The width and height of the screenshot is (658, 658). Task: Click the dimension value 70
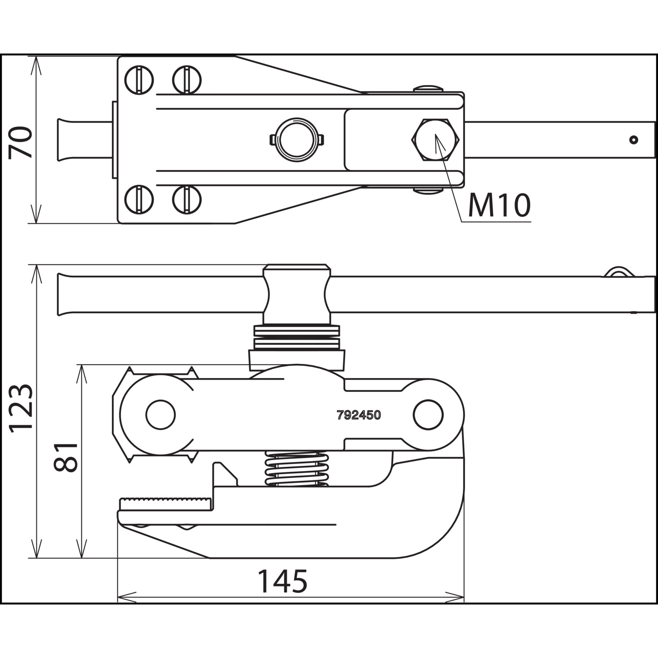coord(21,142)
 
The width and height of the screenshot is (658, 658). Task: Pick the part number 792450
coord(359,415)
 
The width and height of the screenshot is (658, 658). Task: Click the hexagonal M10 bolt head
coord(435,140)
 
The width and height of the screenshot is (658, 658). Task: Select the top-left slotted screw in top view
coord(139,80)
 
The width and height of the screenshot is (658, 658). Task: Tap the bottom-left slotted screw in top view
coord(139,200)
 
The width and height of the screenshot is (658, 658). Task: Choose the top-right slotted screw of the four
coord(187,80)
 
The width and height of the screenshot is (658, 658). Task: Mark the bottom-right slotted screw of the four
coord(187,200)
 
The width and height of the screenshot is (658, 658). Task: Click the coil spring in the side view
coord(297,469)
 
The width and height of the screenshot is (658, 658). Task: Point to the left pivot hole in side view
coord(161,415)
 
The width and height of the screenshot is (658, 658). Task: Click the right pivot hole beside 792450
coord(428,415)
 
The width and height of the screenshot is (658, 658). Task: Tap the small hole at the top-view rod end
coord(633,140)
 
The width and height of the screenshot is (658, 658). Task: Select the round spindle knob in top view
coord(297,140)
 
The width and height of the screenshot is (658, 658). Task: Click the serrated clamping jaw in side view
coord(166,504)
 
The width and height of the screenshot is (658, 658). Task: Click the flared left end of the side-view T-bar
coord(66,294)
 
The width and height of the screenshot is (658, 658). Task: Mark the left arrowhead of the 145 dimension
coord(127,597)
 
